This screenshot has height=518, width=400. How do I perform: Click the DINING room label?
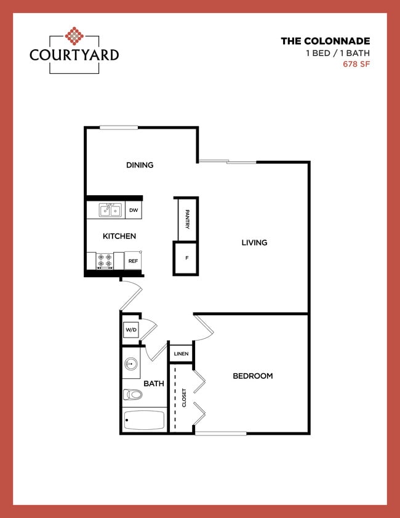coord(140,165)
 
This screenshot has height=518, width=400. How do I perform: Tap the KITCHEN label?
coord(119,236)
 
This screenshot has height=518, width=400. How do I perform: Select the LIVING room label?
coord(254,243)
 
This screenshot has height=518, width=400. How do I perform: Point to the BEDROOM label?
coord(252,376)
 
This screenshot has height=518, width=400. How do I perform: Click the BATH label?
coord(154,383)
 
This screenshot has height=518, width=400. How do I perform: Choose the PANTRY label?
coord(186,219)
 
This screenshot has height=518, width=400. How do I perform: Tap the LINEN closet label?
coord(181,354)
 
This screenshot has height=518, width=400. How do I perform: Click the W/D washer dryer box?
coord(131,330)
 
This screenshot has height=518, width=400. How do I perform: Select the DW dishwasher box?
coord(134,211)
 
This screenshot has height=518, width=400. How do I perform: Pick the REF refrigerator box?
coord(133,261)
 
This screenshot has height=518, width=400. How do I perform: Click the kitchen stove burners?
coord(105,261)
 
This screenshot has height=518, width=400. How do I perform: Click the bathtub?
coord(144,420)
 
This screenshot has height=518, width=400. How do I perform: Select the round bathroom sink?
coord(131,364)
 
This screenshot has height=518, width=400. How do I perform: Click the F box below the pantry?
coord(186,257)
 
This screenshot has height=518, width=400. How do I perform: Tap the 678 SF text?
coord(356,63)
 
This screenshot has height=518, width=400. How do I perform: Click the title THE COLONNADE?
coord(325,41)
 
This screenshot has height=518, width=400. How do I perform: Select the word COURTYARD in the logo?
coord(74,54)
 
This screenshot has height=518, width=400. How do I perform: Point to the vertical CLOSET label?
coord(184,397)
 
